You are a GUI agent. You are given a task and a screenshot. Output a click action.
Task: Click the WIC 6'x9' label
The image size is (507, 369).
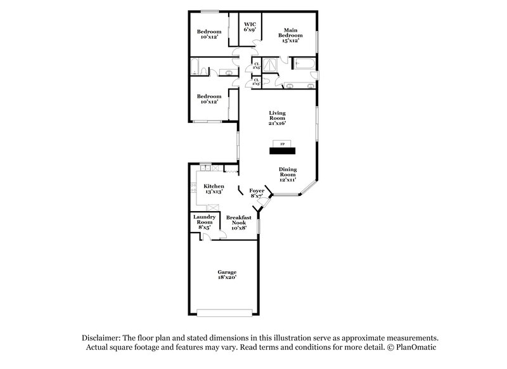pyautogui.click(x=250, y=27)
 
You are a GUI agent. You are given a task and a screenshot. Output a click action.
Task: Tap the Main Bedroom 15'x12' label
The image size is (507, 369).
pyautogui.click(x=291, y=35)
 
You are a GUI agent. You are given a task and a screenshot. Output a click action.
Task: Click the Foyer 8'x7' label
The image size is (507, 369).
pyautogui.click(x=257, y=193)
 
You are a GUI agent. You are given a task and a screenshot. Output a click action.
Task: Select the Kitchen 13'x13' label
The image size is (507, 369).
pyautogui.click(x=214, y=189)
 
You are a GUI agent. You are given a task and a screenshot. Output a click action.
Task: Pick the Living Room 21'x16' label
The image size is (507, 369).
pyautogui.click(x=277, y=118)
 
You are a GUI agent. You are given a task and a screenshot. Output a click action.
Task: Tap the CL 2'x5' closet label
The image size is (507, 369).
pyautogui.click(x=256, y=65)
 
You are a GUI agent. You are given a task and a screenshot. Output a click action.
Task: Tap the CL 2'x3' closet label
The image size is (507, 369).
pyautogui.click(x=256, y=82)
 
